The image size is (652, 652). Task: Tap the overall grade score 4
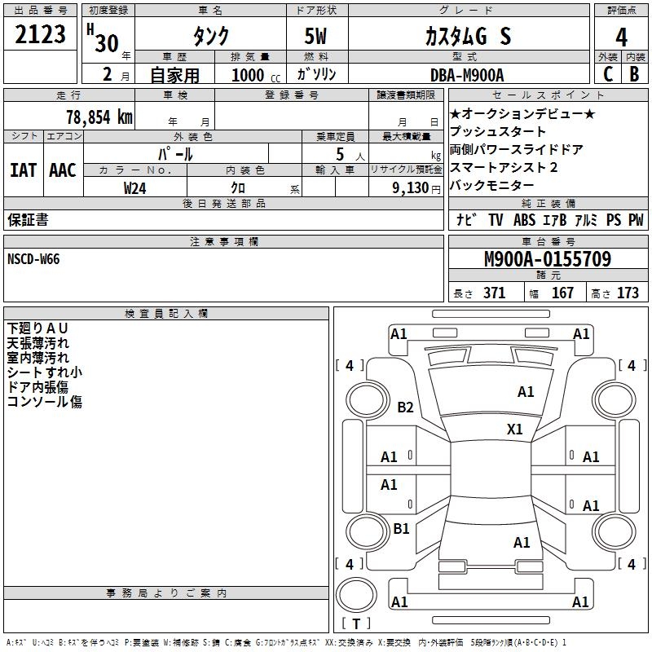pyautogui.click(x=621, y=37)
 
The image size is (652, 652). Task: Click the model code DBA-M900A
pyautogui.click(x=467, y=75)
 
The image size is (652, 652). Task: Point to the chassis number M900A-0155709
pyautogui.click(x=547, y=259)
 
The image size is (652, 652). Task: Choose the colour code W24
pyautogui.click(x=135, y=187)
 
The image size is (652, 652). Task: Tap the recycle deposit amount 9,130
pyautogui.click(x=410, y=187)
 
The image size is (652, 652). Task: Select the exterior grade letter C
pyautogui.click(x=607, y=75)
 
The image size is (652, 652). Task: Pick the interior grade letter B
pyautogui.click(x=634, y=75)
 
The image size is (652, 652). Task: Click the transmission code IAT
pyautogui.click(x=23, y=170)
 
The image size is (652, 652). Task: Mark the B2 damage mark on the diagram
pyautogui.click(x=405, y=407)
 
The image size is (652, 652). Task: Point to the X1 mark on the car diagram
pyautogui.click(x=514, y=429)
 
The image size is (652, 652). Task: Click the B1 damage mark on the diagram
pyautogui.click(x=401, y=529)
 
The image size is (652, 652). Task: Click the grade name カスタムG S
pyautogui.click(x=468, y=37)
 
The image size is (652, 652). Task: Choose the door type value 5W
pyautogui.click(x=317, y=37)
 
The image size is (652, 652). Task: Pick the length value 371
pyautogui.click(x=494, y=293)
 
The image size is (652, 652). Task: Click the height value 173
pyautogui.click(x=628, y=293)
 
